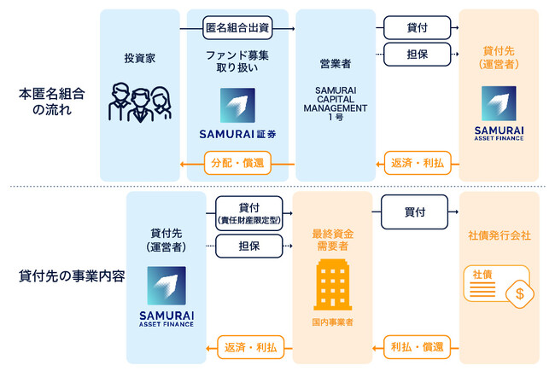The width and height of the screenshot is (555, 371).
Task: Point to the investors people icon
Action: point(139,101)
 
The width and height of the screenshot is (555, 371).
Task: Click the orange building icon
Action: point(334,284)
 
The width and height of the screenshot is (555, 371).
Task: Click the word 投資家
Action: point(139,61)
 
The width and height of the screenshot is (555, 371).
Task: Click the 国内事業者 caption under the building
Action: point(334,324)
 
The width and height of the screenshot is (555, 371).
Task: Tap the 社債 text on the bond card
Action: point(482,275)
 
